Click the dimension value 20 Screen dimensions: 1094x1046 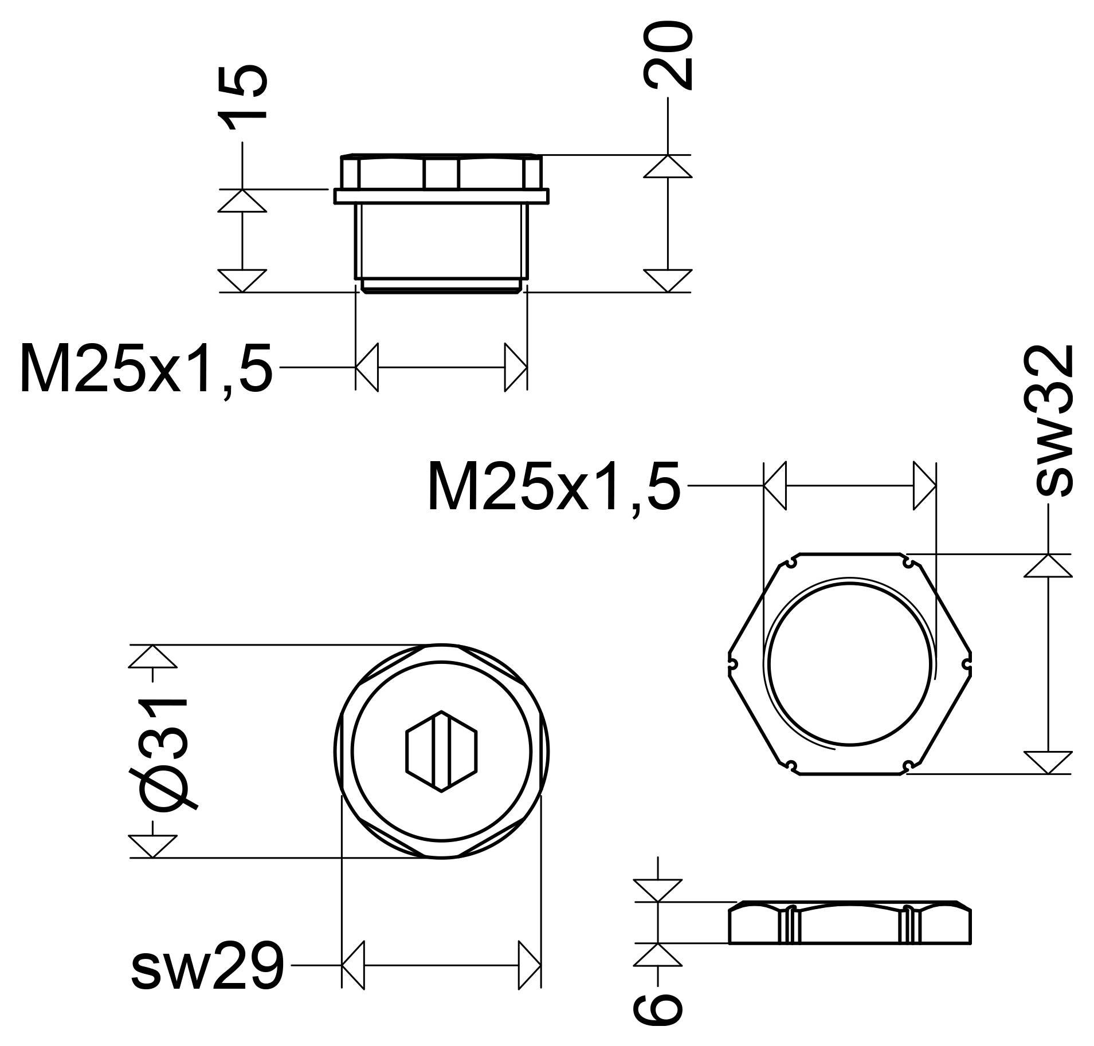pyautogui.click(x=668, y=56)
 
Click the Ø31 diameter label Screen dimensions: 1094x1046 pyautogui.click(x=164, y=751)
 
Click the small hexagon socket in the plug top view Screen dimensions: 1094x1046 pyautogui.click(x=441, y=751)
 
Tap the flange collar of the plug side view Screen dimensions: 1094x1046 pyautogui.click(x=441, y=196)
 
